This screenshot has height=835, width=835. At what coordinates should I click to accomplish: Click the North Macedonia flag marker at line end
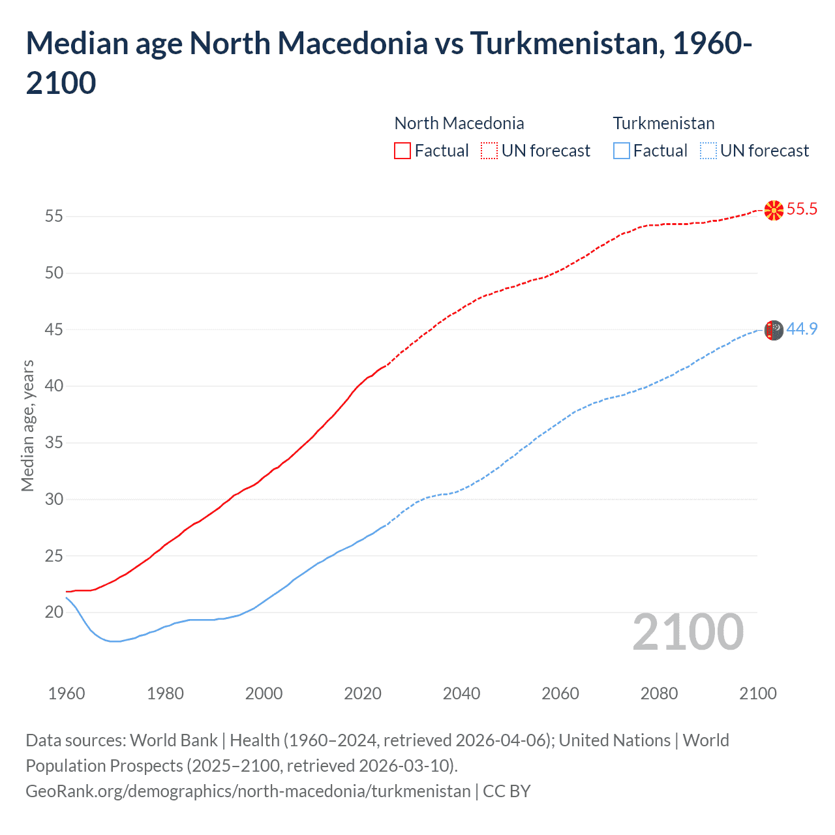click(x=774, y=210)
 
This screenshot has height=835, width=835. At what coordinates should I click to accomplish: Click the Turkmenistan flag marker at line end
click(x=774, y=330)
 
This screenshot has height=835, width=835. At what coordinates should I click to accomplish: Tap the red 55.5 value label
click(x=802, y=209)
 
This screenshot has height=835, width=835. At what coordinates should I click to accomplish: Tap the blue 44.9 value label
click(x=802, y=329)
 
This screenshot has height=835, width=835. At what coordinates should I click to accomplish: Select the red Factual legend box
click(x=402, y=151)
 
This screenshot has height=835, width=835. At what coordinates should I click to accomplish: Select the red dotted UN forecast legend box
click(x=489, y=151)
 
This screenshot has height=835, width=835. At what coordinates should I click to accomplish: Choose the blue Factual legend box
click(x=621, y=151)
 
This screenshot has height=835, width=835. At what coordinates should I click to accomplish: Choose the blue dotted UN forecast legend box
click(x=708, y=151)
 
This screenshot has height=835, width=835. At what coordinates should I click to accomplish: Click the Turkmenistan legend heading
click(x=663, y=123)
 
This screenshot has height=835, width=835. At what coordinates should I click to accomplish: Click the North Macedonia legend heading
click(x=459, y=123)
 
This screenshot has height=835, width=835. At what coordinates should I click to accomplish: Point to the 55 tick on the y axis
click(x=54, y=216)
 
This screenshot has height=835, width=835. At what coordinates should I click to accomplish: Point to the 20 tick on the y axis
click(x=54, y=612)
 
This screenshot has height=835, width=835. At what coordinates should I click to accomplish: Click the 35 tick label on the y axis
click(x=54, y=442)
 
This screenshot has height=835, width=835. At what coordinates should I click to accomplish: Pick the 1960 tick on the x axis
click(x=67, y=693)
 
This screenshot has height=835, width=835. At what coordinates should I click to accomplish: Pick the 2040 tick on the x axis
click(x=461, y=693)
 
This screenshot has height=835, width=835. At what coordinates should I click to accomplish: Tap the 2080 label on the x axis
click(x=659, y=693)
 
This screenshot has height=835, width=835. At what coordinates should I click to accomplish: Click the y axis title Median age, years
click(x=27, y=425)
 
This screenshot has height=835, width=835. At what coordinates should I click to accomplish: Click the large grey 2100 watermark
click(x=688, y=631)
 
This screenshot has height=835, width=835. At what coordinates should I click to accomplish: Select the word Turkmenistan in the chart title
click(x=566, y=44)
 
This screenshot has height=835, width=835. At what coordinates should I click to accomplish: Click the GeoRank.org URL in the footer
click(x=248, y=791)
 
